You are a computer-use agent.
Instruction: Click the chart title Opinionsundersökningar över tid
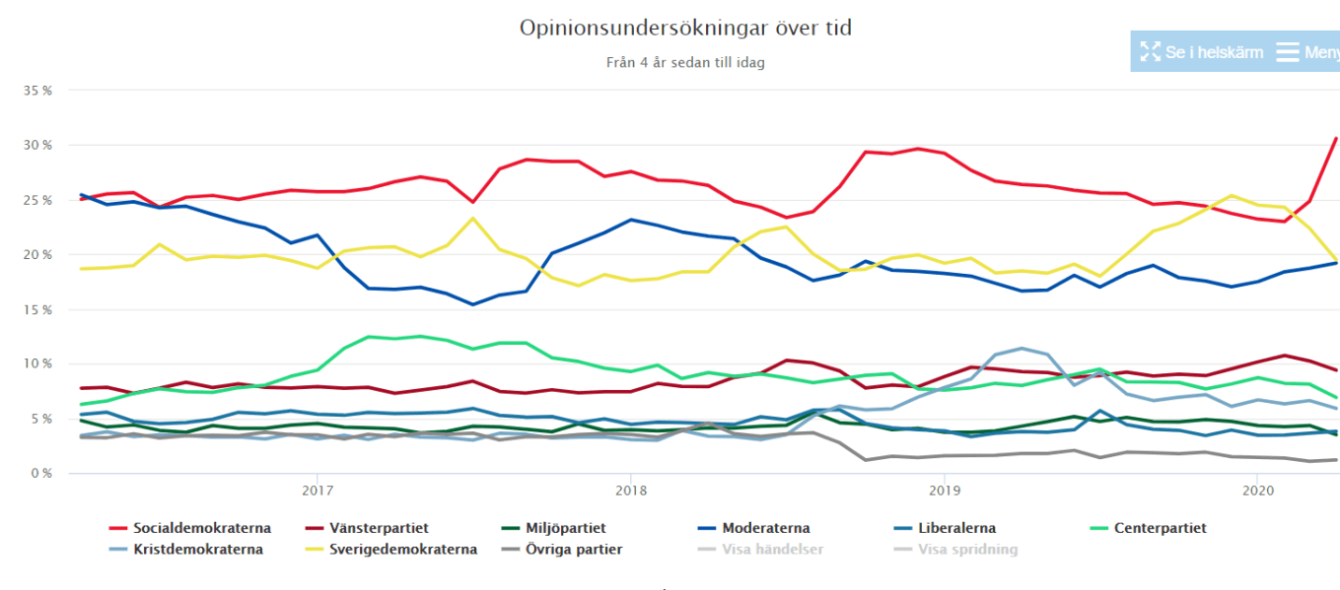685,29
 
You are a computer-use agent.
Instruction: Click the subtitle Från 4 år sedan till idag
685,62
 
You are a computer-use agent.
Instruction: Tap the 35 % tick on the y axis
37,91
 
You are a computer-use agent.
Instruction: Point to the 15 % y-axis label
37,309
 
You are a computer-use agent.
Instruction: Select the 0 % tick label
40,474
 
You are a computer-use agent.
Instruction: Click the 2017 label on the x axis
317,490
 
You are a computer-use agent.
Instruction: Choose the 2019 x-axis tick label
945,490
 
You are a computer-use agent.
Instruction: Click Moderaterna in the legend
766,528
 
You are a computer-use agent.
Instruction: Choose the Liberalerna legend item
952,528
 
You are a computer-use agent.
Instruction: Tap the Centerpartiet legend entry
1159,528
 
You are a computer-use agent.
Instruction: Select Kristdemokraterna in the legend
197,550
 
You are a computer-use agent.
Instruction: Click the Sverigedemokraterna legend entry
403,550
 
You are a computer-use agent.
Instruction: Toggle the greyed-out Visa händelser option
772,550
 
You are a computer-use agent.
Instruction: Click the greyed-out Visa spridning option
967,550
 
